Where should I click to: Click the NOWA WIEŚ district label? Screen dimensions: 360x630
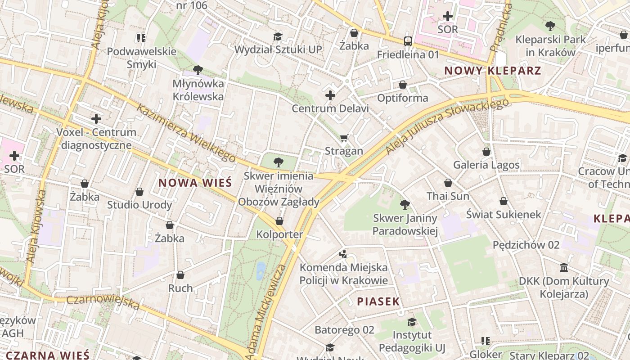click(195, 183)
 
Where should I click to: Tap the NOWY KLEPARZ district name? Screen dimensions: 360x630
click(492, 71)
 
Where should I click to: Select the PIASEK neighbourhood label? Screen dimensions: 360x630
click(378, 301)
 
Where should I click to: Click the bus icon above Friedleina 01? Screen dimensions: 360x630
click(408, 41)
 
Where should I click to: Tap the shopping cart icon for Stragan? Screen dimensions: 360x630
click(344, 138)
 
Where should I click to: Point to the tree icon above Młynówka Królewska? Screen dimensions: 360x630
click(197, 70)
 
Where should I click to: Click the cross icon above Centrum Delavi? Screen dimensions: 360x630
click(330, 95)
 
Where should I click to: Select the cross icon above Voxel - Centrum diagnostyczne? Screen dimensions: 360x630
click(96, 119)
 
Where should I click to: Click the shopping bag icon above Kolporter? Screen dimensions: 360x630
click(279, 221)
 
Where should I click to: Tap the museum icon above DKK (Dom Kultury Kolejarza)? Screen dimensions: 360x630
click(564, 268)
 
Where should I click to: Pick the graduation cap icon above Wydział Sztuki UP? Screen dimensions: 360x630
click(278, 36)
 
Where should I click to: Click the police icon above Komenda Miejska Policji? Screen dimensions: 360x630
click(343, 254)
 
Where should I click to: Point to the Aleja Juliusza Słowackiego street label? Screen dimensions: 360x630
click(448, 126)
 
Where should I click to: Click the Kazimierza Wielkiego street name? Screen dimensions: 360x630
click(186, 134)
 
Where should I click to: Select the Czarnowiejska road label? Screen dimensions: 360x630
click(103, 302)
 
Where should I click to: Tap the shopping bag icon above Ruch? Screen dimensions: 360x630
click(180, 274)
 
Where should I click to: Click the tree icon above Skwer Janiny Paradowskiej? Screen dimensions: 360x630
click(405, 205)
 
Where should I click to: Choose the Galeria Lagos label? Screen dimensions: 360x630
click(486, 165)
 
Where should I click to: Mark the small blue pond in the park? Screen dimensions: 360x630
click(261, 271)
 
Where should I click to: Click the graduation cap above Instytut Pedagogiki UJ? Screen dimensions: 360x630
click(412, 322)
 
